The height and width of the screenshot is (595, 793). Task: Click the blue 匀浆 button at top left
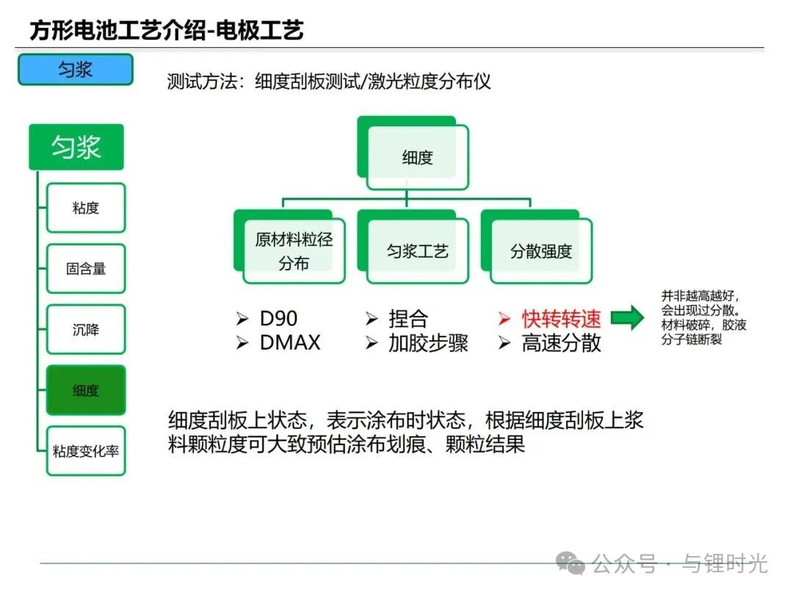pos(76,69)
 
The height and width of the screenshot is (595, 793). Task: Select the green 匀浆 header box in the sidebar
pos(76,147)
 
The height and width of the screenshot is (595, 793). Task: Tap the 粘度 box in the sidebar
pos(86,208)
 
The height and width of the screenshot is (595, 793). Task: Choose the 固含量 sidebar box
pos(86,269)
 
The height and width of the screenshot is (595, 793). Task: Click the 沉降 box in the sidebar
pos(86,330)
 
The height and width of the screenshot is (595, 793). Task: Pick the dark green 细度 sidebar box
pos(86,390)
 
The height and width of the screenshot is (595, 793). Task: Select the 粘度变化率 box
pos(86,451)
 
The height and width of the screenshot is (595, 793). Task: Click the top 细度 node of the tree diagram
pos(417,157)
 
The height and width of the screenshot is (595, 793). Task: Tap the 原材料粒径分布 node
pos(294,251)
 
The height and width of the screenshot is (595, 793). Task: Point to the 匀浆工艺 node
pos(417,251)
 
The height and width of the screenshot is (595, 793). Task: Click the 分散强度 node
pos(540,251)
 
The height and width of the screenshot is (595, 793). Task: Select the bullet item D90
pos(278,319)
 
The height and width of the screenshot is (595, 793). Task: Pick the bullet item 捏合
pos(408,319)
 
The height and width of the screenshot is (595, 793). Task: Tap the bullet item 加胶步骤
pos(428,343)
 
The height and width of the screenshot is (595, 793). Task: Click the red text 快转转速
pos(561,319)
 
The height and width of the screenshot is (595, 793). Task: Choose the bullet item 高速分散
pos(561,343)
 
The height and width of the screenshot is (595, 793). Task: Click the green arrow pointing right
pos(627,318)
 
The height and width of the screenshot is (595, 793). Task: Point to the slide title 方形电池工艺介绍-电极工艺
pos(167,30)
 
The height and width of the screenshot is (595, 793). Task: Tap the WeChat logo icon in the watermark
pos(571,563)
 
